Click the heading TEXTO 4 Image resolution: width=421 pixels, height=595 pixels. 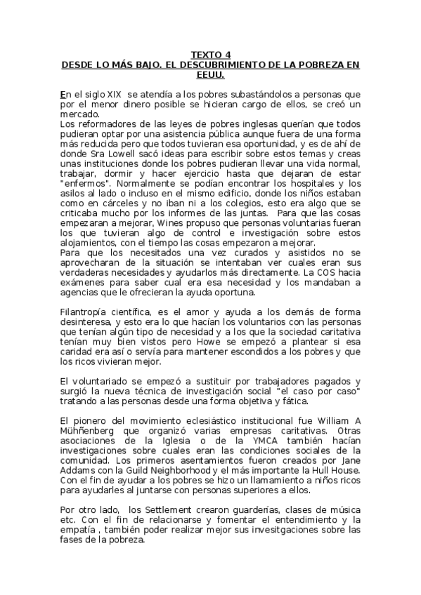point(211,54)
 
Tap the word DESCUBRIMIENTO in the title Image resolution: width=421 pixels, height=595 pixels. point(211,64)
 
